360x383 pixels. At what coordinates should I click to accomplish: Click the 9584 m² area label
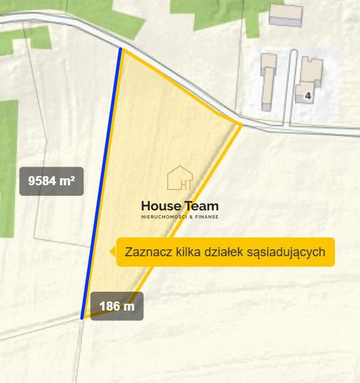tap(52, 181)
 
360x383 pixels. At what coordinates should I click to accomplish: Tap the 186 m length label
tap(117, 306)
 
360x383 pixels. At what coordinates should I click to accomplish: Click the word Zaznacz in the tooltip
tap(146, 252)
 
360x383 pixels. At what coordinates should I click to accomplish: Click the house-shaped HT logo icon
tap(180, 179)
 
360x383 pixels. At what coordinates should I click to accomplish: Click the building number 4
tap(307, 95)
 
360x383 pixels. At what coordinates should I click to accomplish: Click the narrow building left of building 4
tap(268, 81)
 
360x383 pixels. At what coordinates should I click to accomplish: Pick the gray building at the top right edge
tap(285, 15)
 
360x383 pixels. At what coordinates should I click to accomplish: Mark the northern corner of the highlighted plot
tap(120, 49)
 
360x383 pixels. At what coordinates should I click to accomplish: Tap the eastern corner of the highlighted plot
tap(241, 125)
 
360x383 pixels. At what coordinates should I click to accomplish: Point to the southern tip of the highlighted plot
tap(83, 318)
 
